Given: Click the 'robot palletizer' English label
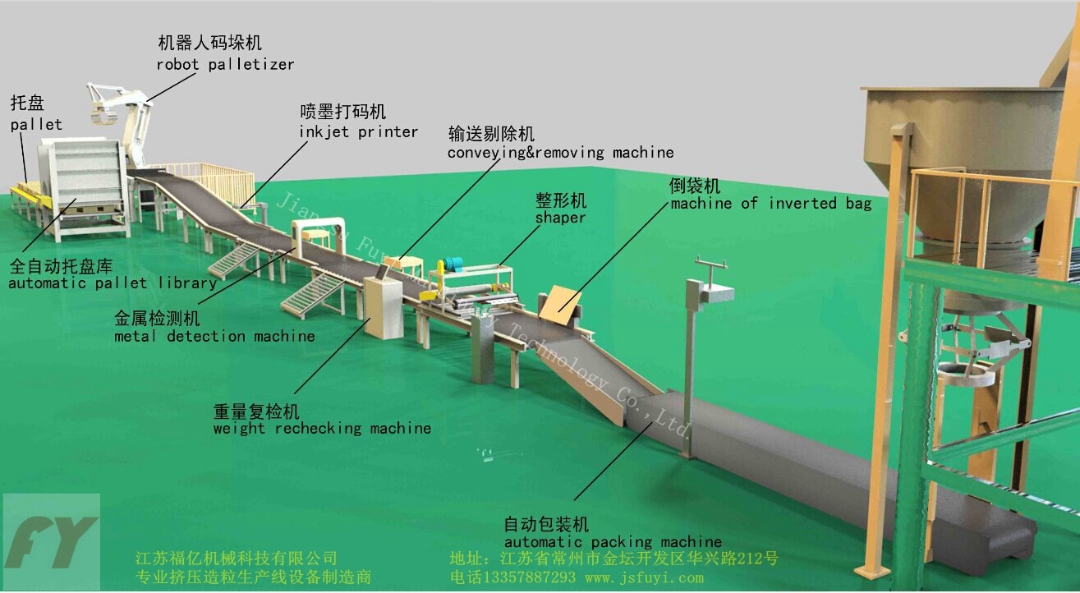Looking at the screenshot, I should [x=225, y=64].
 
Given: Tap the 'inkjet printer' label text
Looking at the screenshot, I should [x=359, y=131].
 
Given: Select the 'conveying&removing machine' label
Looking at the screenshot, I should [x=560, y=152].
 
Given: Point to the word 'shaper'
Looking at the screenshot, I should [x=560, y=218].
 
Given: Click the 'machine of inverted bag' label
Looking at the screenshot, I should [x=770, y=203].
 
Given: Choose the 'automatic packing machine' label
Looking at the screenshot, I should [x=613, y=541].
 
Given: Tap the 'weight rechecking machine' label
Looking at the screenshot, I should [x=322, y=428].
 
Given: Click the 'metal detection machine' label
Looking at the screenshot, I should [x=214, y=336].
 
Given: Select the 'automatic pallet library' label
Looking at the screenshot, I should [x=112, y=283].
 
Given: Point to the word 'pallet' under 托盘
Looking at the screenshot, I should [x=36, y=125].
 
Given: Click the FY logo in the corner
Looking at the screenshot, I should [x=51, y=542].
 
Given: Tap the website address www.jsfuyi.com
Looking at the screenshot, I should [x=644, y=577].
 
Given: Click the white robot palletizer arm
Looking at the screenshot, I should [x=131, y=115].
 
